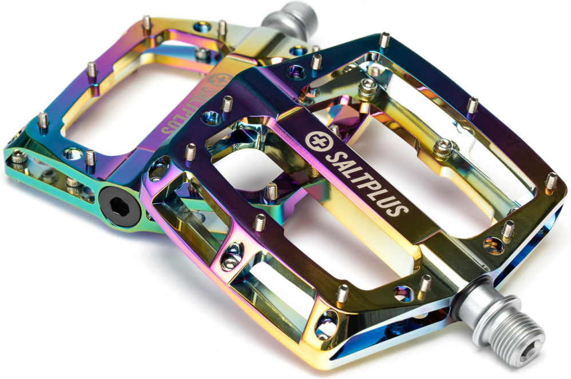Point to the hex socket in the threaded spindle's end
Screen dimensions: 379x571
(x=530, y=348)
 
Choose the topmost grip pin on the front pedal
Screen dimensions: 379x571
(x=384, y=40)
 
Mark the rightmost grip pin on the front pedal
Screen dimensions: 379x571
(x=550, y=181)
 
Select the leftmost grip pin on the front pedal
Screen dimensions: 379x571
(x=190, y=151)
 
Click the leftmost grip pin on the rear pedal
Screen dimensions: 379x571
(x=42, y=121)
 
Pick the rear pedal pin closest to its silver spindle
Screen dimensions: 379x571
(x=222, y=28)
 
